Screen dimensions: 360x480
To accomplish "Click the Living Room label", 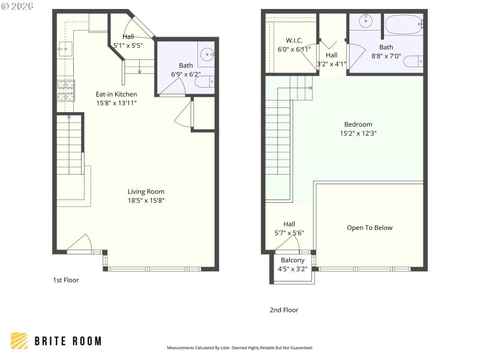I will click(x=146, y=191).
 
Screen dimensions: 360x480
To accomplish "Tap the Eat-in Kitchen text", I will click(x=116, y=94).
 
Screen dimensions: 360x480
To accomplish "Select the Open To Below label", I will click(x=370, y=227).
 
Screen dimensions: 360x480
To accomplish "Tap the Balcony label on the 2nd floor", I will click(x=293, y=260).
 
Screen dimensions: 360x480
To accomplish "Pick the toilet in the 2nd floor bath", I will click(x=413, y=61).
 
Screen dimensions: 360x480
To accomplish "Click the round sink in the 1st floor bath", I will click(x=208, y=55).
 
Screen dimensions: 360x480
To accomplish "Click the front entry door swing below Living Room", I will click(x=79, y=244).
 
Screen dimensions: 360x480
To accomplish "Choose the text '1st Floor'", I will click(x=66, y=280).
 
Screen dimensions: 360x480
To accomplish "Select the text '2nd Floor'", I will click(x=284, y=310).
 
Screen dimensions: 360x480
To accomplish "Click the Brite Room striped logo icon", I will click(x=20, y=341).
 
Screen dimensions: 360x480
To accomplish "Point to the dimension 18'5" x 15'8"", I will click(x=146, y=200).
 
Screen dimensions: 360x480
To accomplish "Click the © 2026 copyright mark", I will click(x=17, y=5).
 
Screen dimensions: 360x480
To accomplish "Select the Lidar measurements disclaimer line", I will click(x=239, y=348).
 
